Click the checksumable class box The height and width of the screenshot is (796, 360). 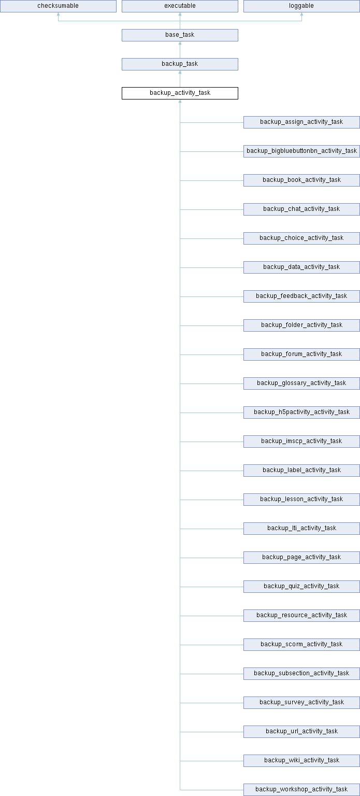[58, 6]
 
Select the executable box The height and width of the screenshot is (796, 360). [180, 6]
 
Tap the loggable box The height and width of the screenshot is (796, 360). [301, 6]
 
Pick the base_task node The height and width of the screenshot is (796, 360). [180, 35]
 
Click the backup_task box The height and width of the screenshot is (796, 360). [180, 64]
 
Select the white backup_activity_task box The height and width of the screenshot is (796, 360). [180, 93]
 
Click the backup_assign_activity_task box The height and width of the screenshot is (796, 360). [301, 122]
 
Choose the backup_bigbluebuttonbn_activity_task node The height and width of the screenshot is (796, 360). [301, 151]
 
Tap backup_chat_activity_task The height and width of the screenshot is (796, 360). [301, 209]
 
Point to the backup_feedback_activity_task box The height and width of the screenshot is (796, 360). [301, 296]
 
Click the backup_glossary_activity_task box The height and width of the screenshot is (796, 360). [301, 383]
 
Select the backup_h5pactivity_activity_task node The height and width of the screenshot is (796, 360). [301, 413]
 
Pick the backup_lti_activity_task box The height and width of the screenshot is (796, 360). [301, 529]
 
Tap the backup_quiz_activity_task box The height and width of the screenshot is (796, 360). [301, 587]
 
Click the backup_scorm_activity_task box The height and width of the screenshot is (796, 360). [301, 645]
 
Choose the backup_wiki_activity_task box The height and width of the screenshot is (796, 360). [301, 761]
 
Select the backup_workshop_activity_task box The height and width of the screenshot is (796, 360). [301, 790]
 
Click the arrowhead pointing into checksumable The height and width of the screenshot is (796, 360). [58, 14]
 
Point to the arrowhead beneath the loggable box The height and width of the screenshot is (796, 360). [302, 14]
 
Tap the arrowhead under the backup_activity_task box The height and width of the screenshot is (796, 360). [180, 101]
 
